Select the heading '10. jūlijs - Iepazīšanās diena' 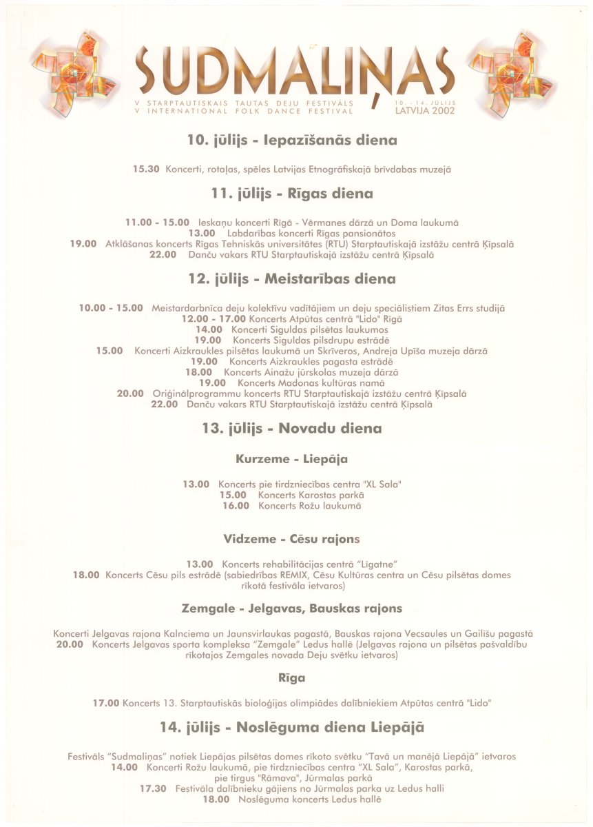[292, 140]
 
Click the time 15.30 [146, 169]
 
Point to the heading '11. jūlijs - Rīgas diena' [292, 194]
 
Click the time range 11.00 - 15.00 [157, 222]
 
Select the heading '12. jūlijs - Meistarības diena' [292, 279]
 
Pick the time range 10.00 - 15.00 [111, 308]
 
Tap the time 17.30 [152, 788]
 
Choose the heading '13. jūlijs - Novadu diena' [292, 428]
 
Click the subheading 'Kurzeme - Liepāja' [291, 458]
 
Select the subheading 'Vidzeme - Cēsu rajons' [291, 538]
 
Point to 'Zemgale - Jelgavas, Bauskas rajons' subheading [291, 609]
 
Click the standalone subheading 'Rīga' [291, 678]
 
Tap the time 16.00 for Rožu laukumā [235, 506]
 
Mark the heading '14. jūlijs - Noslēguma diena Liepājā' [292, 727]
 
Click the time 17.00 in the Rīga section [106, 704]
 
